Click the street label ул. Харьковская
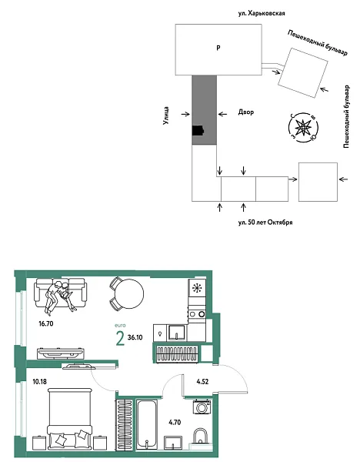pyautogui.click(x=262, y=14)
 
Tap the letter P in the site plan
pyautogui.click(x=218, y=48)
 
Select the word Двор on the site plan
pyautogui.click(x=246, y=112)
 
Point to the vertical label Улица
pyautogui.click(x=166, y=115)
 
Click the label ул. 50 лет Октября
pyautogui.click(x=265, y=223)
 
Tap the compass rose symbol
pyautogui.click(x=303, y=128)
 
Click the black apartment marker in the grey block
pyautogui.click(x=198, y=130)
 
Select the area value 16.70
pyautogui.click(x=46, y=323)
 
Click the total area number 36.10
pyautogui.click(x=135, y=337)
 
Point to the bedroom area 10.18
pyautogui.click(x=40, y=382)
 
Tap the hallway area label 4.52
pyautogui.click(x=202, y=382)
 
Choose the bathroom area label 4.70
pyautogui.click(x=175, y=422)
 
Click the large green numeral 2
pyautogui.click(x=120, y=338)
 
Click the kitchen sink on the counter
pyautogui.click(x=176, y=333)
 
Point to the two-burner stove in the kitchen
pyautogui.click(x=197, y=314)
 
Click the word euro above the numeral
pyautogui.click(x=120, y=326)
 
